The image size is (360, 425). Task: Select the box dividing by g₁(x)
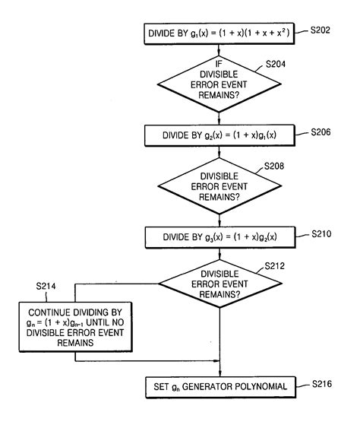point(219,33)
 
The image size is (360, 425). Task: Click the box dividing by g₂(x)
point(219,134)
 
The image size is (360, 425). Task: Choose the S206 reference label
point(321,132)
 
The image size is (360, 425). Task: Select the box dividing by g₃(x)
point(219,236)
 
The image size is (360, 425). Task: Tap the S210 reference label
point(321,233)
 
